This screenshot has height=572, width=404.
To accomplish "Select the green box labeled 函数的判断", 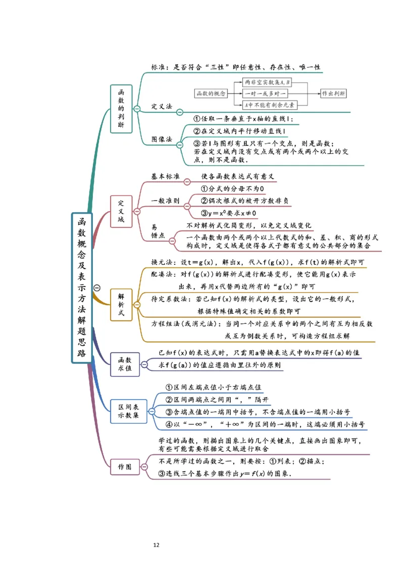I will (121, 109).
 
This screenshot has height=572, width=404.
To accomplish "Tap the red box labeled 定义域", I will (121, 211).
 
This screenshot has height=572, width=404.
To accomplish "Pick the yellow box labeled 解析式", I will (121, 305).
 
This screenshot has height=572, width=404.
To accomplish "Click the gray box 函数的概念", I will (211, 93).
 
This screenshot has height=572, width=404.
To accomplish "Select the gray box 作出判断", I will (333, 93).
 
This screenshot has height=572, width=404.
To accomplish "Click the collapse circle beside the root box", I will (97, 288).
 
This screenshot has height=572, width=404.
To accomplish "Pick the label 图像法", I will (162, 139).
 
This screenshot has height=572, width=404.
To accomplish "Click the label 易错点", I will (158, 231).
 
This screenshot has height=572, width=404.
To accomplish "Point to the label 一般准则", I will (165, 201).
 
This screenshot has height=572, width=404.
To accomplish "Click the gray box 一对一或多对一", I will (265, 93).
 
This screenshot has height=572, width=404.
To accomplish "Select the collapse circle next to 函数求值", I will (144, 364).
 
